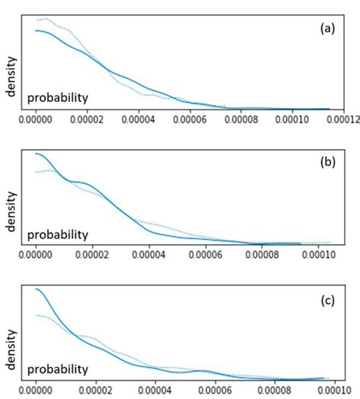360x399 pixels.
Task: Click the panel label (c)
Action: (328, 297)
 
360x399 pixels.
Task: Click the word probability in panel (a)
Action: (58, 97)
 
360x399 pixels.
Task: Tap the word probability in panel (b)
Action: (58, 233)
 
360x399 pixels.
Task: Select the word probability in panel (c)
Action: (58, 368)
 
